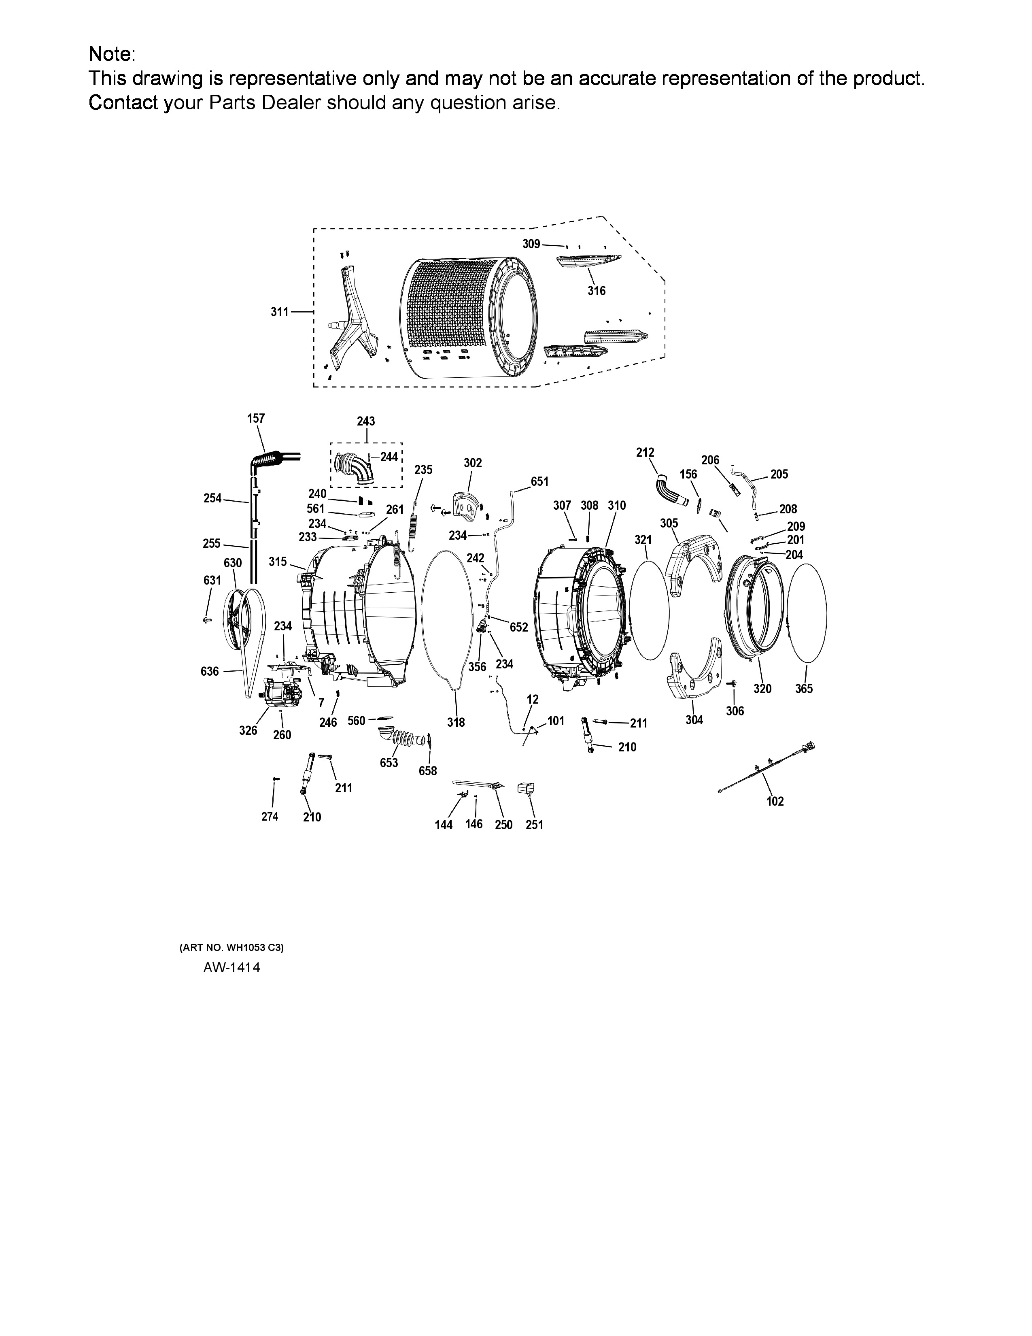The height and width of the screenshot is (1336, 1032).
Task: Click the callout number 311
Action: coord(279,312)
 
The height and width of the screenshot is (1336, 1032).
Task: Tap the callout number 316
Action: coord(597,291)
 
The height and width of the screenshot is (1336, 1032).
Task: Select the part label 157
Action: coord(255,419)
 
